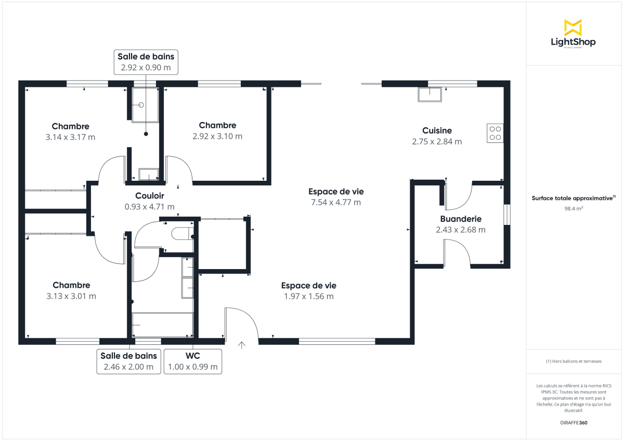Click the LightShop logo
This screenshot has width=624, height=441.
click(x=573, y=34)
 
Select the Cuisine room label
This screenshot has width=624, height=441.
click(x=437, y=130)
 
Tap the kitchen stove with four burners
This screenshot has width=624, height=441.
click(x=495, y=133)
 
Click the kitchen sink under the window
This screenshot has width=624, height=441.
click(x=431, y=94)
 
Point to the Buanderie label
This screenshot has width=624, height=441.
click(x=461, y=219)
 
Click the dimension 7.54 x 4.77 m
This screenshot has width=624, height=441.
click(x=335, y=203)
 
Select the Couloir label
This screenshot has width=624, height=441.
click(x=150, y=196)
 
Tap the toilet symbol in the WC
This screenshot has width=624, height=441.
click(x=181, y=233)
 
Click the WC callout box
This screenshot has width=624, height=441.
click(x=193, y=361)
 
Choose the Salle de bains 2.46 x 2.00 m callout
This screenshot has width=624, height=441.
click(x=128, y=361)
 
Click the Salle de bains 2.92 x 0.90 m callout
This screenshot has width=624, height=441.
click(x=146, y=62)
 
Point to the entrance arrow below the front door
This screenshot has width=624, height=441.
click(x=242, y=345)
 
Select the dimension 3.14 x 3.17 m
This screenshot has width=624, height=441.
click(x=70, y=137)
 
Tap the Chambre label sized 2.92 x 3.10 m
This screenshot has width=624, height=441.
click(x=217, y=125)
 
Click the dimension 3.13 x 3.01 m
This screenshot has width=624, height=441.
click(x=71, y=296)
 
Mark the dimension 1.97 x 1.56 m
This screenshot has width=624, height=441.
click(x=308, y=297)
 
